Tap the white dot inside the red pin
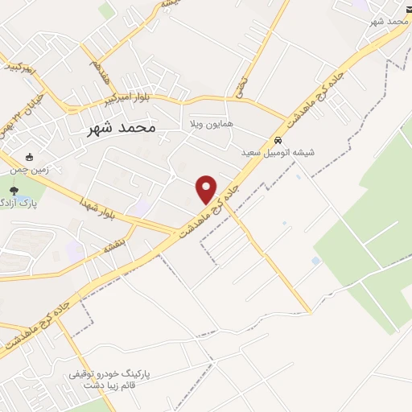coord(207,185)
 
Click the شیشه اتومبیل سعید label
coord(278,151)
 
